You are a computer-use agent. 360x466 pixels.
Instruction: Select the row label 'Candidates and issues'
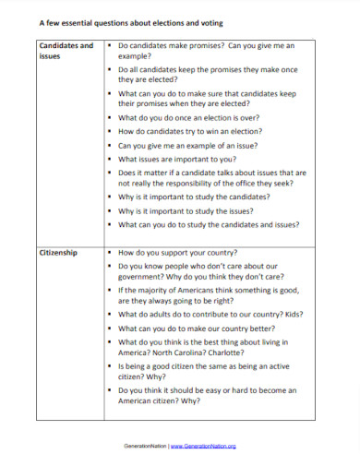[x=65, y=50]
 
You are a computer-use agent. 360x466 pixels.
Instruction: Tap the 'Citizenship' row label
[x=57, y=251]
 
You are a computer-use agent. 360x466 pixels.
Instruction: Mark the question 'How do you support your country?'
[x=177, y=251]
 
